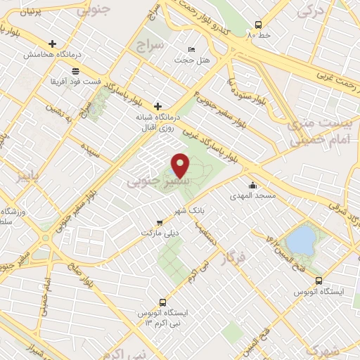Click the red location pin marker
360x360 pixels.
pyautogui.click(x=181, y=165)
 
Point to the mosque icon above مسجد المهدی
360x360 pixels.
pyautogui.click(x=252, y=185)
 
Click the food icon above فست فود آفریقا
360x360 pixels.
pyautogui.click(x=75, y=71)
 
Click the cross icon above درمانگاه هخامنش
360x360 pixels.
pyautogui.click(x=53, y=44)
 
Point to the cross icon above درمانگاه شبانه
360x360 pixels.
pyautogui.click(x=157, y=105)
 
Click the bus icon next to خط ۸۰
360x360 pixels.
pyautogui.click(x=258, y=22)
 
